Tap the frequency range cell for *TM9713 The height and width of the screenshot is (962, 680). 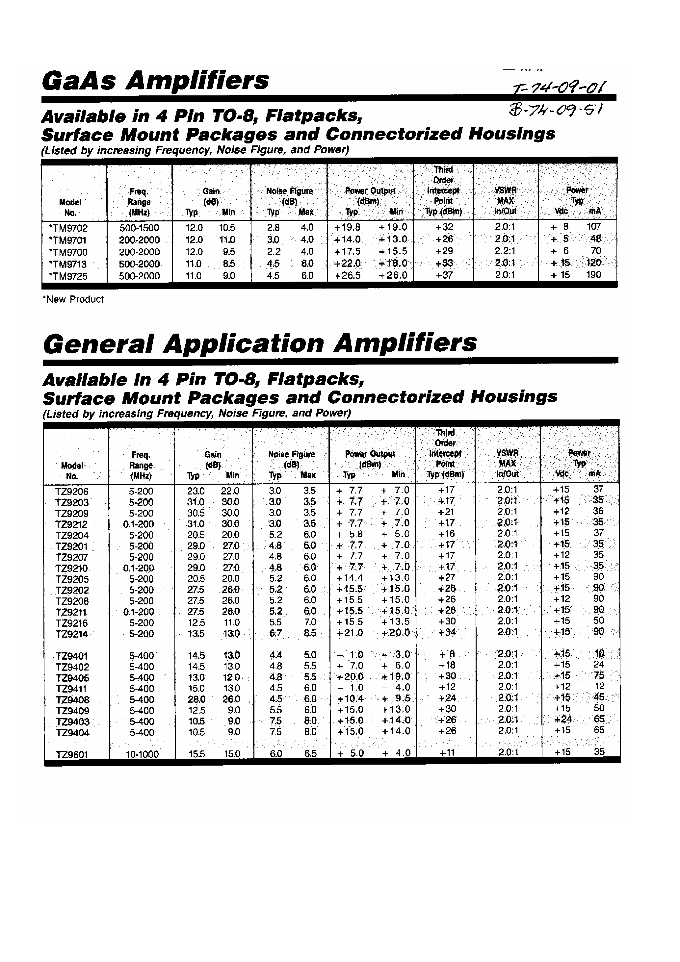point(139,264)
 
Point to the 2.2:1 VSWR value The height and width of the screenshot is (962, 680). point(505,251)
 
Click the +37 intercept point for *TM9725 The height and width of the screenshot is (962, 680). point(444,275)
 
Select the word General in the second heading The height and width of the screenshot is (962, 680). point(98,343)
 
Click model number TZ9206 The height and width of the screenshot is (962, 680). point(72,492)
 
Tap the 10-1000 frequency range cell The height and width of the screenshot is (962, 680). point(142,754)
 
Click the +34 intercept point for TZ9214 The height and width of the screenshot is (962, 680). point(446,632)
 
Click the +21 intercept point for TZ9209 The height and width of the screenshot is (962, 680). point(446,512)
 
